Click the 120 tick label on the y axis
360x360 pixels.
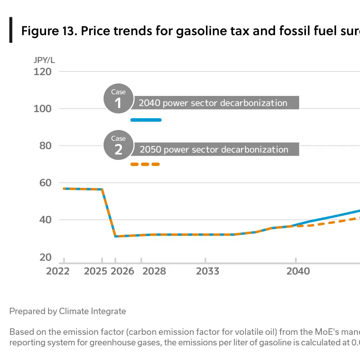click(x=42, y=72)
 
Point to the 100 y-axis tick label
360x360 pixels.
click(x=42, y=109)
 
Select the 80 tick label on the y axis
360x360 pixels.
click(x=45, y=146)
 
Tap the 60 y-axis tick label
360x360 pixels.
click(x=45, y=183)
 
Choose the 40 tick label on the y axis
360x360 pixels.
click(x=45, y=220)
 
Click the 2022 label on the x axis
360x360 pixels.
click(x=58, y=271)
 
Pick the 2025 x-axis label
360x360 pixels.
click(x=95, y=271)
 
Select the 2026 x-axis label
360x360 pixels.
click(x=122, y=271)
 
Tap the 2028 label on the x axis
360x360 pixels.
click(x=154, y=271)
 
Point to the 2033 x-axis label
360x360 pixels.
click(x=207, y=271)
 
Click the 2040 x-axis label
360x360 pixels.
click(x=298, y=271)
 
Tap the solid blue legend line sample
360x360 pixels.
click(x=146, y=120)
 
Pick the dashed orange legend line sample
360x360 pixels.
click(x=145, y=165)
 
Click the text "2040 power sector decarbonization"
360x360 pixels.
click(x=213, y=103)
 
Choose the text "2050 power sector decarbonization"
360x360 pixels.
click(x=214, y=149)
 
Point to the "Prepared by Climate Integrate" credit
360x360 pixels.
click(x=68, y=311)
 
